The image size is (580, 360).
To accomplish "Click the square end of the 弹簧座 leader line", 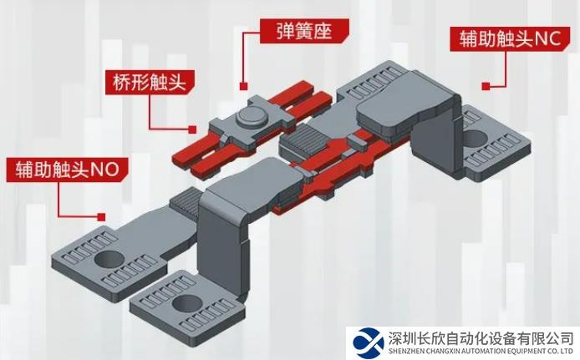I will pyautogui.click(x=244, y=85).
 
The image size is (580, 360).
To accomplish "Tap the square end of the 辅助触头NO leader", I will pyautogui.click(x=102, y=214).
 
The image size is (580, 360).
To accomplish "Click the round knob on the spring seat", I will pyautogui.click(x=249, y=115).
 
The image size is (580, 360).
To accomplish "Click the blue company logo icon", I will pyautogui.click(x=368, y=342).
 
